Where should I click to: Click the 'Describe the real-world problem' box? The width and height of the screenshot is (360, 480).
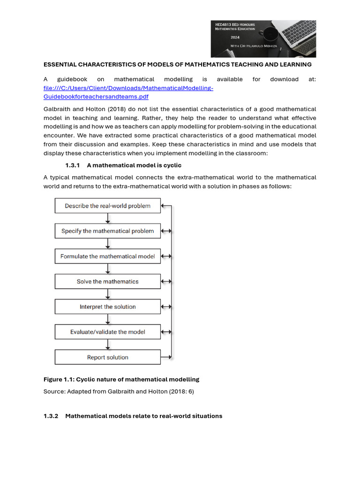[x=107, y=206]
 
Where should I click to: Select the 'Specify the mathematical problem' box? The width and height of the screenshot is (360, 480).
[x=107, y=231]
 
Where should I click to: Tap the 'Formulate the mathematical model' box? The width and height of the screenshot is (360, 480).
[x=107, y=256]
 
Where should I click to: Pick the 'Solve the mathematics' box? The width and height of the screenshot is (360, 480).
[x=107, y=282]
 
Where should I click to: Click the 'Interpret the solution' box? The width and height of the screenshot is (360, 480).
[x=107, y=307]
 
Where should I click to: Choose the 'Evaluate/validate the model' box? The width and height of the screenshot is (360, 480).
[x=107, y=332]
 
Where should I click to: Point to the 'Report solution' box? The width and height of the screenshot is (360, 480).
[x=107, y=357]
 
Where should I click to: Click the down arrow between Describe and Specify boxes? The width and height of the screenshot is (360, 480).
[x=108, y=218]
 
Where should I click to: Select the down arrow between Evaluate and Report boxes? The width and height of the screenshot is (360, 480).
[x=108, y=345]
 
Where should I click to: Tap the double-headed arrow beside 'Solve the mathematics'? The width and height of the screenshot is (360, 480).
[x=166, y=282]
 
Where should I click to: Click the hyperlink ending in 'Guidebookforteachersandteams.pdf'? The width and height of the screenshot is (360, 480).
[x=96, y=97]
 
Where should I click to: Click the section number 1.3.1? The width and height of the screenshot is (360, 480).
[x=73, y=165]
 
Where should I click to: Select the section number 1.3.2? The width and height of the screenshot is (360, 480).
[x=51, y=416]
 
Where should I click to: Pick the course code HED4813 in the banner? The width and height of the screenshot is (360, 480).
[x=224, y=24]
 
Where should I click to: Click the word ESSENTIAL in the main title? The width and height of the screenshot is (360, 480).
[x=61, y=64]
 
